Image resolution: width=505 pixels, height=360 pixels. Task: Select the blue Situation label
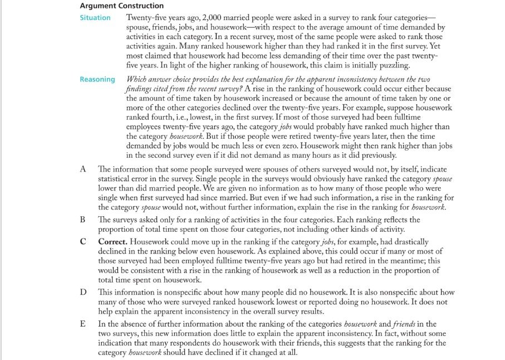95,18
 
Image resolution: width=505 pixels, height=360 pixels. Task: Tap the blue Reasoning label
97,79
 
